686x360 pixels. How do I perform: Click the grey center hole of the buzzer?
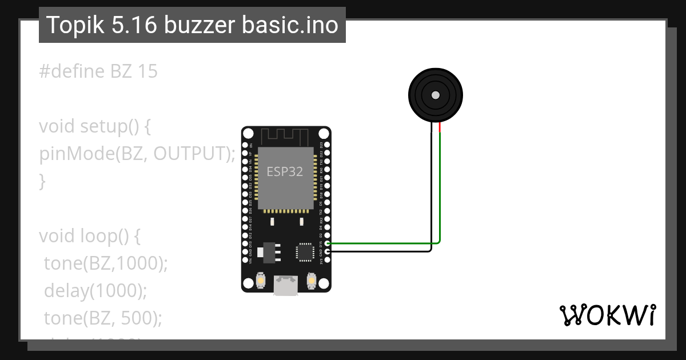pos(436,95)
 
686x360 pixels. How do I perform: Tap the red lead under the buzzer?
pos(440,128)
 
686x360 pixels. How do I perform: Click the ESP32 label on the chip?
pos(285,171)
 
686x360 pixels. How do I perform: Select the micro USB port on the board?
pos(285,285)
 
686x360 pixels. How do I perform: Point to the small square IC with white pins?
pos(304,251)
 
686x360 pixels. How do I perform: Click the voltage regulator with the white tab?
pos(268,251)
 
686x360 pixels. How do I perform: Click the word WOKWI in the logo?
pos(607,315)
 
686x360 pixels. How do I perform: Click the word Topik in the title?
pos(71,25)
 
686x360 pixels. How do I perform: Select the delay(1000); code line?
pos(95,291)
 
